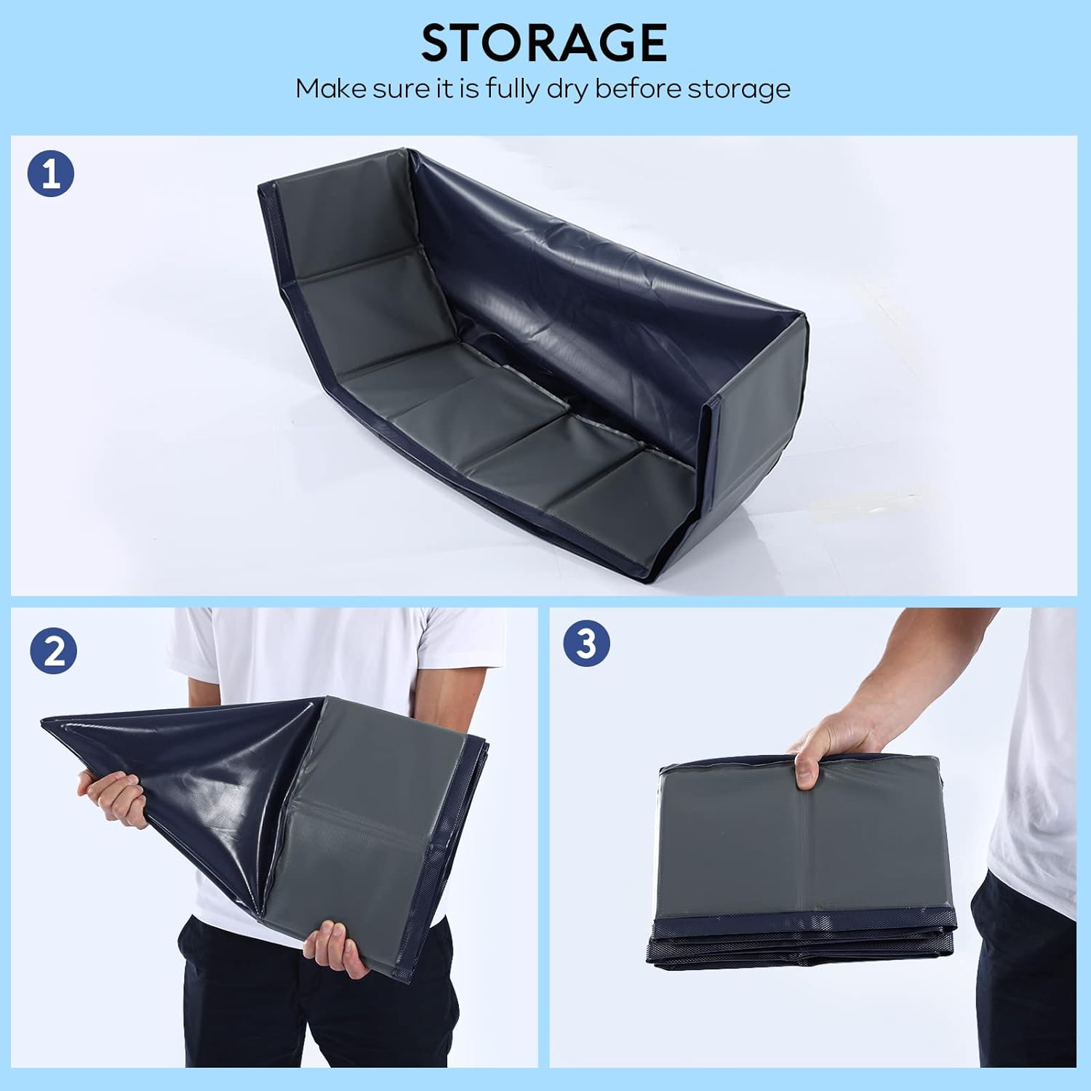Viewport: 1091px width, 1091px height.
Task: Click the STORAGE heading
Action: pos(544,42)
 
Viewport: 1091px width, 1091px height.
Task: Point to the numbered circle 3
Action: pos(586,643)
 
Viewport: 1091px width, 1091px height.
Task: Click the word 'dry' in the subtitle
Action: pos(568,89)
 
